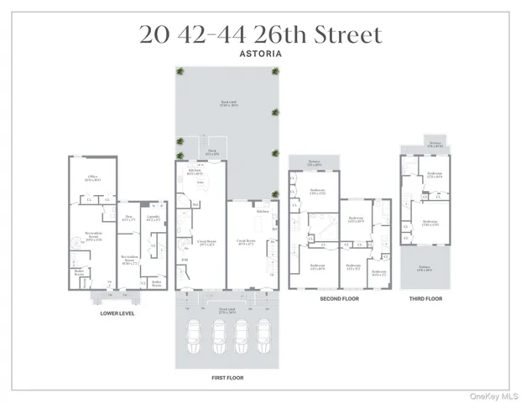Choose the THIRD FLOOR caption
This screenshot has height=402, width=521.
point(426,298)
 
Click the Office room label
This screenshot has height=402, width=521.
point(92,177)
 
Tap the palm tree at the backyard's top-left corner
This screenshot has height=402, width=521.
point(180,70)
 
